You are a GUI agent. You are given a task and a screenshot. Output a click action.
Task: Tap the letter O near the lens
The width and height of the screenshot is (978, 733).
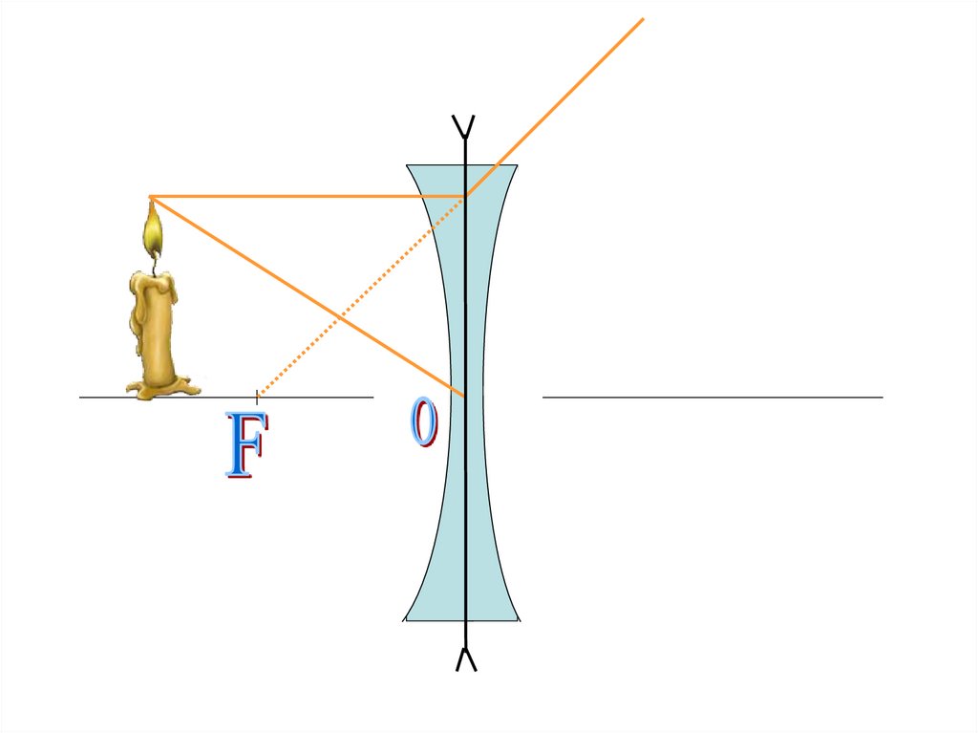424,423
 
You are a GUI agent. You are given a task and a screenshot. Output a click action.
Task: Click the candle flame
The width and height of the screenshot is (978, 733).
152,229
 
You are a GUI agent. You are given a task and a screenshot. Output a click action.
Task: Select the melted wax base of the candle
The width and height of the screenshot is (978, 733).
162,387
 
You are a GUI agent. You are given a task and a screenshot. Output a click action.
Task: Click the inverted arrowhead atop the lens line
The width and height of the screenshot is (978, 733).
465,125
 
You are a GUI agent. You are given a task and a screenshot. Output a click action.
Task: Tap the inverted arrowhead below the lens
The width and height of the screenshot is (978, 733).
465,658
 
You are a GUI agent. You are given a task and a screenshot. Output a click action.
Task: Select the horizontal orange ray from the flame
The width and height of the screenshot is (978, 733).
306,197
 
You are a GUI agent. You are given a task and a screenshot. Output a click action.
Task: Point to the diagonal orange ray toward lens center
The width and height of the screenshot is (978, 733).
287,284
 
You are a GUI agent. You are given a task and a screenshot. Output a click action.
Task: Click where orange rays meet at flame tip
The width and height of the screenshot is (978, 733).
151,197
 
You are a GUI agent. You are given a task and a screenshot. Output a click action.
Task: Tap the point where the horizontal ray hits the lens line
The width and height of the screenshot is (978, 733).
465,197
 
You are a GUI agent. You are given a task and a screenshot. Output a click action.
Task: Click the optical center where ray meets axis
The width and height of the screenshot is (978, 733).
465,396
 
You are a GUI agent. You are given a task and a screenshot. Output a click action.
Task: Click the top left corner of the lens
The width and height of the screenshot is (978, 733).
409,166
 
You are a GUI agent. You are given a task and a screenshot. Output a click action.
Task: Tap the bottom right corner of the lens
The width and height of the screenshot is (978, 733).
518,619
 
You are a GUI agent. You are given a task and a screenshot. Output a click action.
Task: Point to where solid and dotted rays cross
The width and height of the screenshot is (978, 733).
339,315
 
